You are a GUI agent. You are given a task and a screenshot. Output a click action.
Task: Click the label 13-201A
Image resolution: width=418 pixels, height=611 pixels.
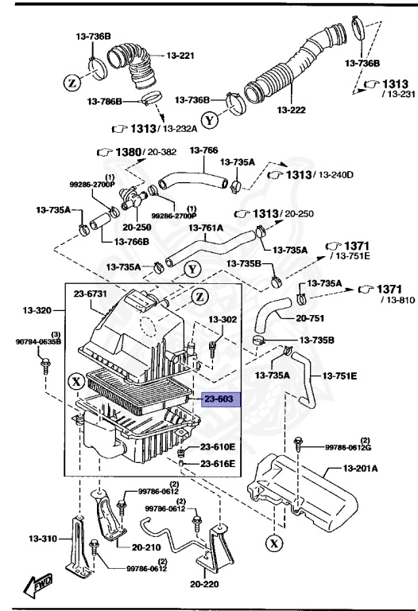tap(360, 469)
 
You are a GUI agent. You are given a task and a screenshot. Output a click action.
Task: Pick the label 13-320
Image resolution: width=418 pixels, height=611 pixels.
tap(38, 309)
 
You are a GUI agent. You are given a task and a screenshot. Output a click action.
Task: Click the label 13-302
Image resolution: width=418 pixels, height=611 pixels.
tap(223, 319)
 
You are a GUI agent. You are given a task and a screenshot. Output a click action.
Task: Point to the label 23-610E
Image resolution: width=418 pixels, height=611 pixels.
tap(217, 447)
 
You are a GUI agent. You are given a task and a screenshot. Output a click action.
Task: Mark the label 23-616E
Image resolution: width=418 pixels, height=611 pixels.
tap(217, 463)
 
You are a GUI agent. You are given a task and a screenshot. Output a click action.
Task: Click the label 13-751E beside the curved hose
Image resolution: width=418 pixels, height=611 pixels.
tap(340, 374)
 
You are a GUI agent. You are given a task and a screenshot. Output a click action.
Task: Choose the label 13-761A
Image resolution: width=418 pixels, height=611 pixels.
tap(206, 228)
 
